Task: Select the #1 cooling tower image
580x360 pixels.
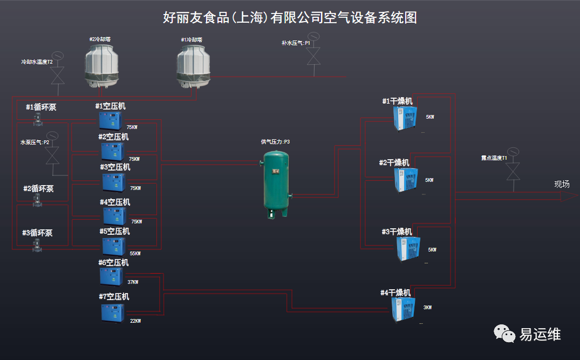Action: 196,66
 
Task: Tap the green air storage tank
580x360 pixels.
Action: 276,184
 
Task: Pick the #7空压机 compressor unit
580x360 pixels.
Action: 112,313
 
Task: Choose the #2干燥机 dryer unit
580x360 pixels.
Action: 406,180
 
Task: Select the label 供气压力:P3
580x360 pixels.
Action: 275,142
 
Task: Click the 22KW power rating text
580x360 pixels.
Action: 135,321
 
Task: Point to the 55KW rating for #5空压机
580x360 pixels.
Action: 135,254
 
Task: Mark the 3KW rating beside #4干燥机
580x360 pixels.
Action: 427,308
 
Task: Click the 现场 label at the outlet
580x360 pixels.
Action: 562,184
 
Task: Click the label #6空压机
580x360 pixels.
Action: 114,263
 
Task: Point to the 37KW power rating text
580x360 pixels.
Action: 133,282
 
